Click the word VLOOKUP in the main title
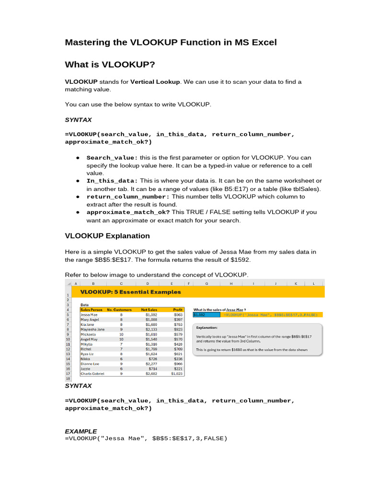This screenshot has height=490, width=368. pos(153,43)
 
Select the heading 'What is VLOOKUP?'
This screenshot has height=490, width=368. pos(110,65)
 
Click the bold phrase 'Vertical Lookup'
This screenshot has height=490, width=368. pos(155,82)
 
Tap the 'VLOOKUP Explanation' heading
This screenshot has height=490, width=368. pos(107,236)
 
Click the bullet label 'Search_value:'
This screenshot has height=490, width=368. pos(112,157)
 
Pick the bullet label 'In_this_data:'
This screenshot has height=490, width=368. pos(112,181)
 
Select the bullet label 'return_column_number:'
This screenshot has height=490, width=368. pos(128,197)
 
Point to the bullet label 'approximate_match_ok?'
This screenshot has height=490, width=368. pos(128,212)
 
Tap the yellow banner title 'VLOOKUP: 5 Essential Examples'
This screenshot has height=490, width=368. pos(130,292)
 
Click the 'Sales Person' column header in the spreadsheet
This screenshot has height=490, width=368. pos(92,310)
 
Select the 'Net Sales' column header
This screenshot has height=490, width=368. pos(149,310)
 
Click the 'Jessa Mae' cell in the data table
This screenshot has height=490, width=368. pos(90,315)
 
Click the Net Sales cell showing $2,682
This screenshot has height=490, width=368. pos(151,374)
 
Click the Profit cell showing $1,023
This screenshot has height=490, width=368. pos(177,374)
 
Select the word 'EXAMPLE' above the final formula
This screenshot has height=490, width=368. pos(80,431)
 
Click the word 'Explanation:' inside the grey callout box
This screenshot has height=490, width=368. pos(207,328)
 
